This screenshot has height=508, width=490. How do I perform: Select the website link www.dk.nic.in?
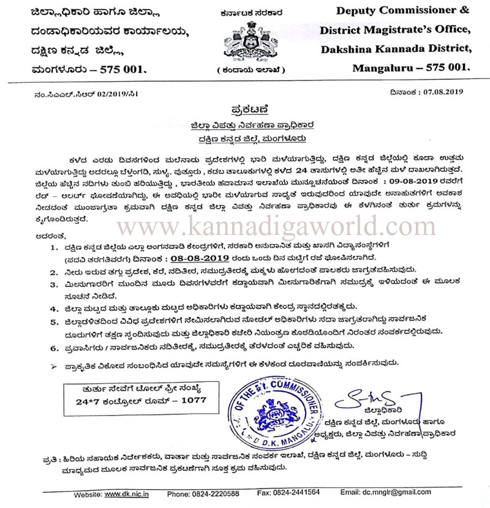(x=129, y=493)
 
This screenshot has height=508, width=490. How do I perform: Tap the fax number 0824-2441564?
(x=297, y=493)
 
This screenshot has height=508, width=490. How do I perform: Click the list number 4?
(x=53, y=306)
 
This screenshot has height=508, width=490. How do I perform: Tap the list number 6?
(x=53, y=346)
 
